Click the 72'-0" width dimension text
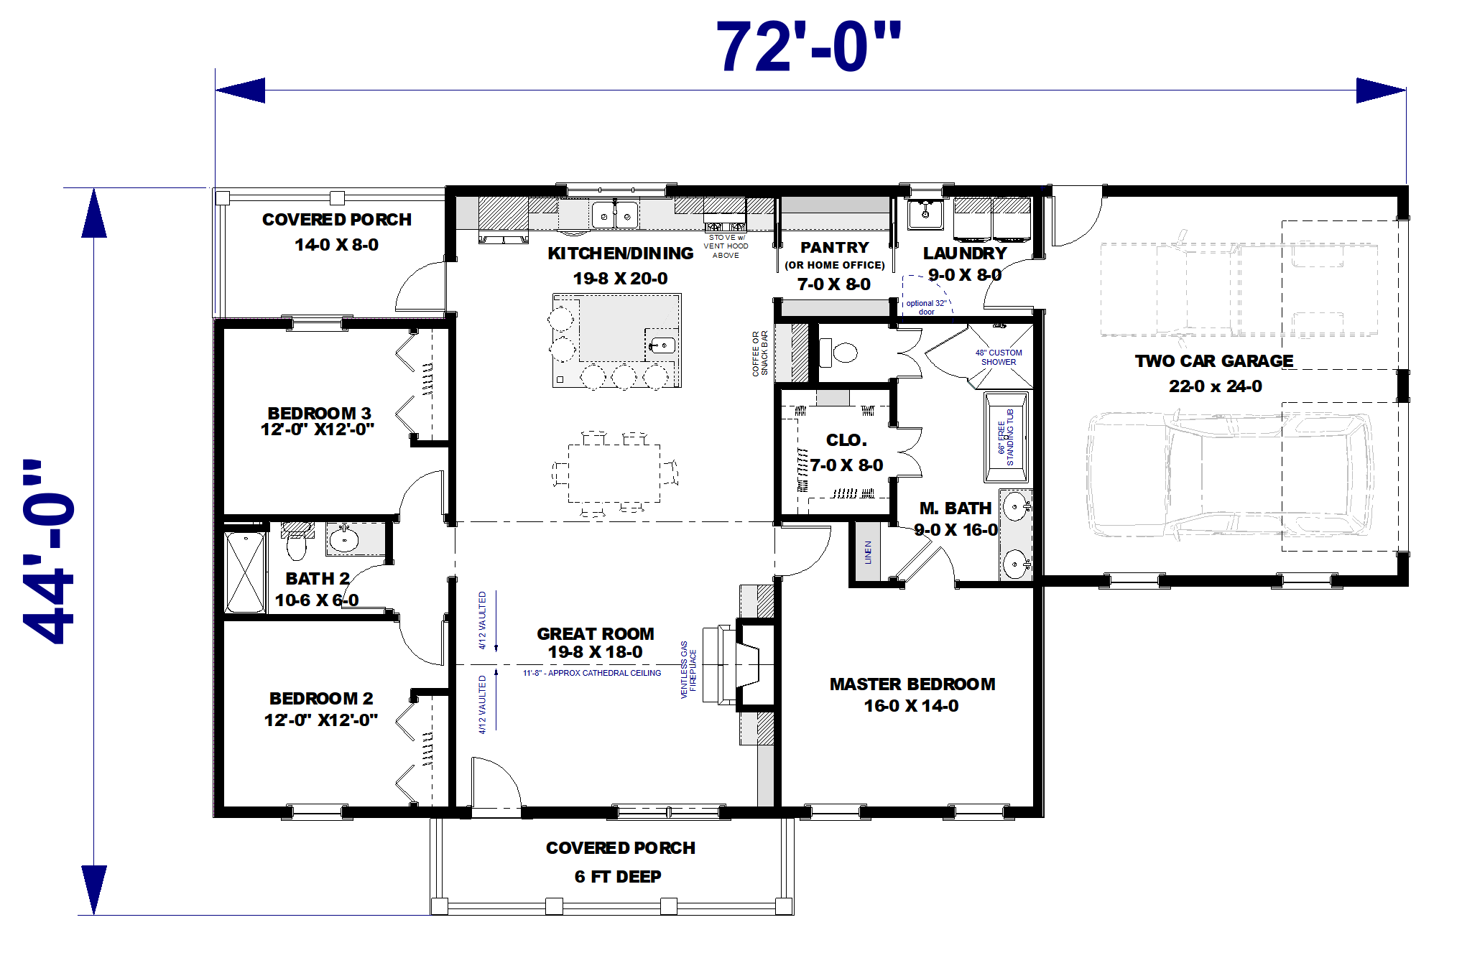tap(808, 47)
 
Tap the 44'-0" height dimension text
tap(49, 552)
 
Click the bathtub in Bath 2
tap(244, 572)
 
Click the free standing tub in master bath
tap(1005, 437)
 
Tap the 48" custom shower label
tap(998, 357)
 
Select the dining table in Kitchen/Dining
tap(614, 473)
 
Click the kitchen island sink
tap(661, 346)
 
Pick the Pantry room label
tap(834, 248)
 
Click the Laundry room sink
tap(925, 213)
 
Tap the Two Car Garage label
tap(1213, 361)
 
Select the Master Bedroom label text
tap(912, 684)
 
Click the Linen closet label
tap(868, 552)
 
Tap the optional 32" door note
tap(926, 307)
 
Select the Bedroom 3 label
tap(319, 414)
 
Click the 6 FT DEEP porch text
tap(617, 876)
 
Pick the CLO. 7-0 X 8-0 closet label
tap(846, 452)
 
